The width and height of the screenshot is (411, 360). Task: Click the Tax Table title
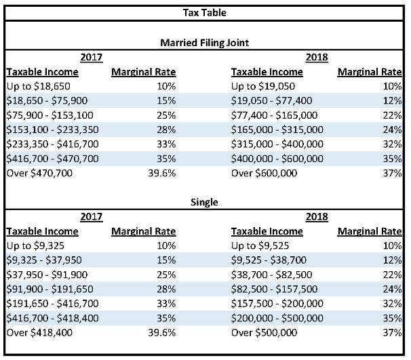tap(204, 13)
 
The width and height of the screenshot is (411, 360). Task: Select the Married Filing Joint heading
tap(204, 43)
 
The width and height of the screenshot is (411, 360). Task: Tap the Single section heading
tap(204, 202)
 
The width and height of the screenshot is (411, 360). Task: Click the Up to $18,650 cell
tap(38, 86)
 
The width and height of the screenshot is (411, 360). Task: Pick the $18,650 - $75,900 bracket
tap(47, 100)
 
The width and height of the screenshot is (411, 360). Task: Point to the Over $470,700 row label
tap(39, 173)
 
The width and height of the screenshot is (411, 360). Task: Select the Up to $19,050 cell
tap(263, 86)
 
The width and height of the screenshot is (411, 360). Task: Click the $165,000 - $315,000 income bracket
tap(277, 129)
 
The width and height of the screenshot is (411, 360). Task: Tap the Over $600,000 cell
tap(264, 173)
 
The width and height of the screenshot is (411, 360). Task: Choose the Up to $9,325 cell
tap(35, 246)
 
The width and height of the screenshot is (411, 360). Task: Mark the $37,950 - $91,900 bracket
tap(47, 275)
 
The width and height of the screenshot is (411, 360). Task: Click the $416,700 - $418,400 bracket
tap(52, 318)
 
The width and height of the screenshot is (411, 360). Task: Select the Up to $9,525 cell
tap(260, 246)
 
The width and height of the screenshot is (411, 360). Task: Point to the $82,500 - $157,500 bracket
tap(274, 289)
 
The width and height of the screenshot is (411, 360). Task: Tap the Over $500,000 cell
tap(264, 333)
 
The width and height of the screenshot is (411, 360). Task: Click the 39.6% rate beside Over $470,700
tap(161, 173)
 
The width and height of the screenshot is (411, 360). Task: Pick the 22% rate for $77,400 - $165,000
tap(393, 115)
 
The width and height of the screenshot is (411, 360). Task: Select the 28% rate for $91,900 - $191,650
tap(166, 289)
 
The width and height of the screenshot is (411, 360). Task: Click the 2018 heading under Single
tap(317, 217)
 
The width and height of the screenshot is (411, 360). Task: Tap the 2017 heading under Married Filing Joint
tap(91, 58)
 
